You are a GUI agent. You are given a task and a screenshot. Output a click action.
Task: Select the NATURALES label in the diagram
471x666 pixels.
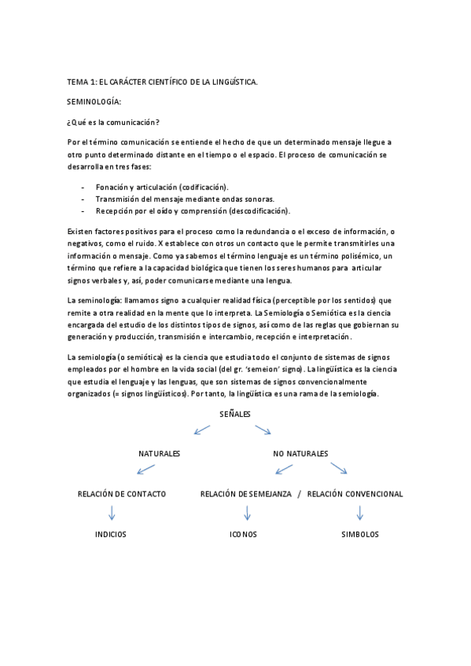(160, 454)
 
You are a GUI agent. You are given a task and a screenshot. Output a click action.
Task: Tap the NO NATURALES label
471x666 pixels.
(300, 454)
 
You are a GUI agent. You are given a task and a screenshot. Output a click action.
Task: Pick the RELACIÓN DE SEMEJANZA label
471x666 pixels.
(245, 494)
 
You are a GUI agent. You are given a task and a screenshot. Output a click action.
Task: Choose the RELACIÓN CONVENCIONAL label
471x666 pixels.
(355, 494)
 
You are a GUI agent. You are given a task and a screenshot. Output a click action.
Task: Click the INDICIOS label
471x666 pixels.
(111, 534)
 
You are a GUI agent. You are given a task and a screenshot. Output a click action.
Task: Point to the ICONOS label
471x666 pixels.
(243, 534)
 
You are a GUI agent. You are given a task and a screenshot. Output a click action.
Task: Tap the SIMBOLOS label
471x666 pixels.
(360, 534)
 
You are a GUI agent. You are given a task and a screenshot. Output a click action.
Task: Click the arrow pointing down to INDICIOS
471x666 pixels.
(112, 513)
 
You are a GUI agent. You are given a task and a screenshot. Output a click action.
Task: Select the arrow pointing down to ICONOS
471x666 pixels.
(248, 513)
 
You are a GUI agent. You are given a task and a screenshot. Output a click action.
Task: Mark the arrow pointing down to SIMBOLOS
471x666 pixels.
(360, 513)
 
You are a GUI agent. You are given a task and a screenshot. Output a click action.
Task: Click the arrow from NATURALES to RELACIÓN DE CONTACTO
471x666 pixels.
(145, 470)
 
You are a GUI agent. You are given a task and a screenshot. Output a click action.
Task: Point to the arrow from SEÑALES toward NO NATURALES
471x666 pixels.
(263, 429)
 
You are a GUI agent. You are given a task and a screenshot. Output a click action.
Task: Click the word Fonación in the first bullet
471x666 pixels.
(113, 187)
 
